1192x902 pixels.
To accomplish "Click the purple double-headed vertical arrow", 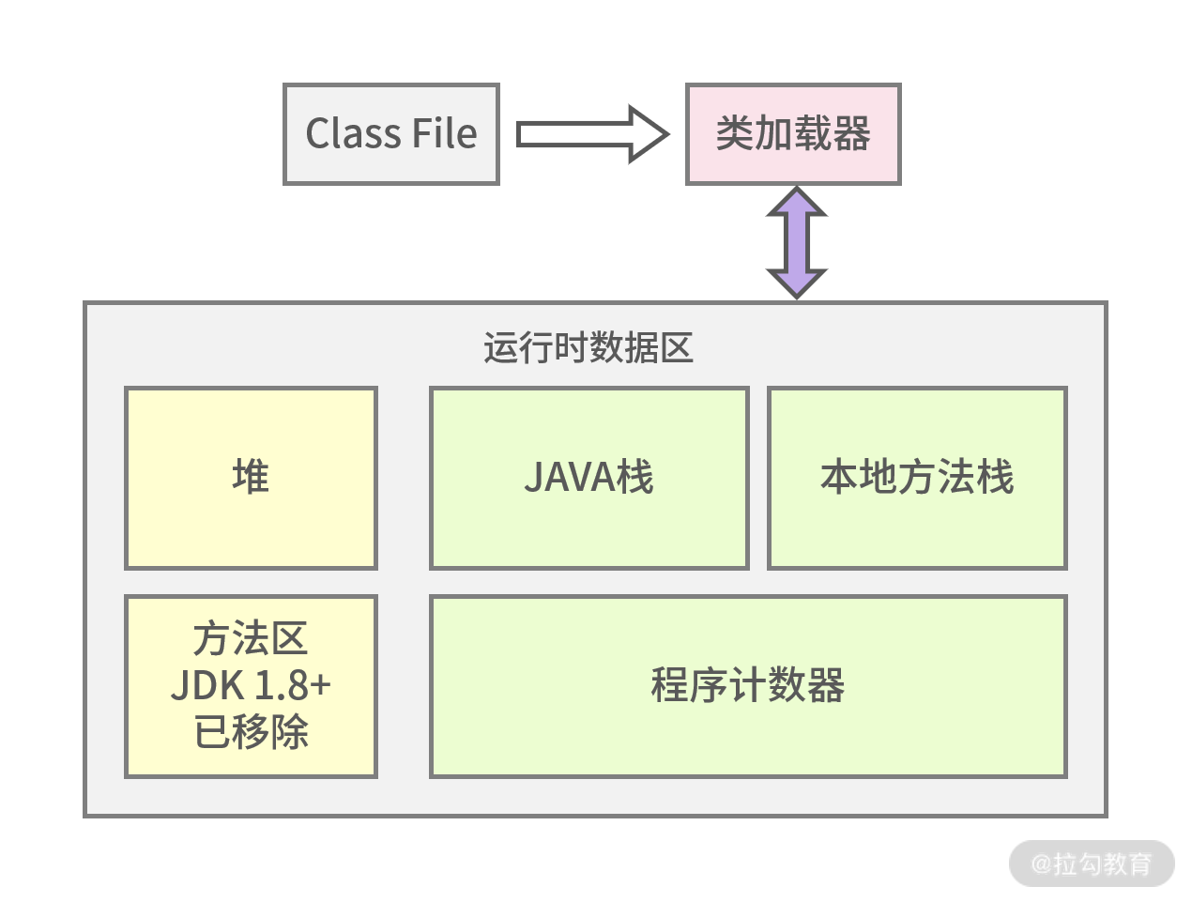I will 797,242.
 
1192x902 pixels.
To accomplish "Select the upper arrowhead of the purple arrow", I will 797,203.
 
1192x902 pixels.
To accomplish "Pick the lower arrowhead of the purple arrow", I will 797,282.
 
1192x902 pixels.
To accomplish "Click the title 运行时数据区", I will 588,348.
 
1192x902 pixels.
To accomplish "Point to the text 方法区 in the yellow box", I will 251,639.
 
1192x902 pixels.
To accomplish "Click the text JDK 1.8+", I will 251,685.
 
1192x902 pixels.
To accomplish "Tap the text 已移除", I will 251,731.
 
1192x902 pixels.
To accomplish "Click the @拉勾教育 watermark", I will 1092,864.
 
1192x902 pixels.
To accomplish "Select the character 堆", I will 251,477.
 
